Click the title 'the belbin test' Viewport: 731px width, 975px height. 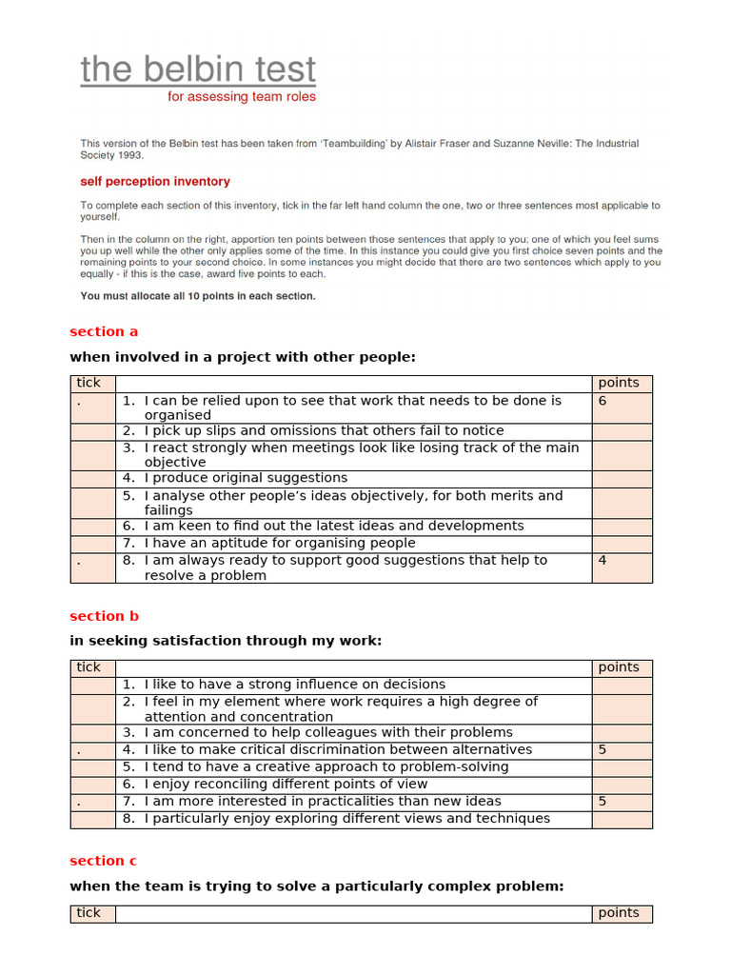(x=198, y=70)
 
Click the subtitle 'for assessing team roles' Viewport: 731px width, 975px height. (x=242, y=97)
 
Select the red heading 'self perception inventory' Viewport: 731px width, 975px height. (x=155, y=181)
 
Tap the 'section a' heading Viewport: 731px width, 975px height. (x=104, y=331)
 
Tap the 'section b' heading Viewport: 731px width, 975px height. (x=104, y=616)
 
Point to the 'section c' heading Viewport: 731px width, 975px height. (x=103, y=861)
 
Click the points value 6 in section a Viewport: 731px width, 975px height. (x=603, y=401)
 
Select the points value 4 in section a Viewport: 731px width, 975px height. (x=603, y=560)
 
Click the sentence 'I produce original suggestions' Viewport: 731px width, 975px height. (x=246, y=478)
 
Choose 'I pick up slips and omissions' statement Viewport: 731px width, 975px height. (x=324, y=430)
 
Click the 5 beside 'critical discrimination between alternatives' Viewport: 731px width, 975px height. (x=603, y=749)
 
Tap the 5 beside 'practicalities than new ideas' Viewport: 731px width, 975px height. (x=603, y=801)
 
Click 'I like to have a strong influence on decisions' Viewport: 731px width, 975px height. (x=294, y=684)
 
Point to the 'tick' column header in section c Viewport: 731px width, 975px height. (x=89, y=913)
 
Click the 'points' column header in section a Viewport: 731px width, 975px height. (x=619, y=383)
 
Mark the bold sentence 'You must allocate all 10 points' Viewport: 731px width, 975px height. (x=198, y=296)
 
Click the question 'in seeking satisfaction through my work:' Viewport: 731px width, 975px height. (x=226, y=641)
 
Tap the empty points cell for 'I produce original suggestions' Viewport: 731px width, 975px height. (x=622, y=478)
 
